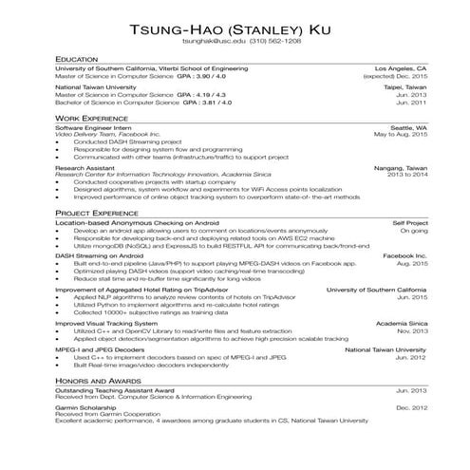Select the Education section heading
[x=78, y=59]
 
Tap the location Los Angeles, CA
[x=402, y=68]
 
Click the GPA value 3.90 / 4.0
[x=207, y=76]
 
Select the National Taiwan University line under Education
[x=96, y=86]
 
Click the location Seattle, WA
[x=409, y=126]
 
